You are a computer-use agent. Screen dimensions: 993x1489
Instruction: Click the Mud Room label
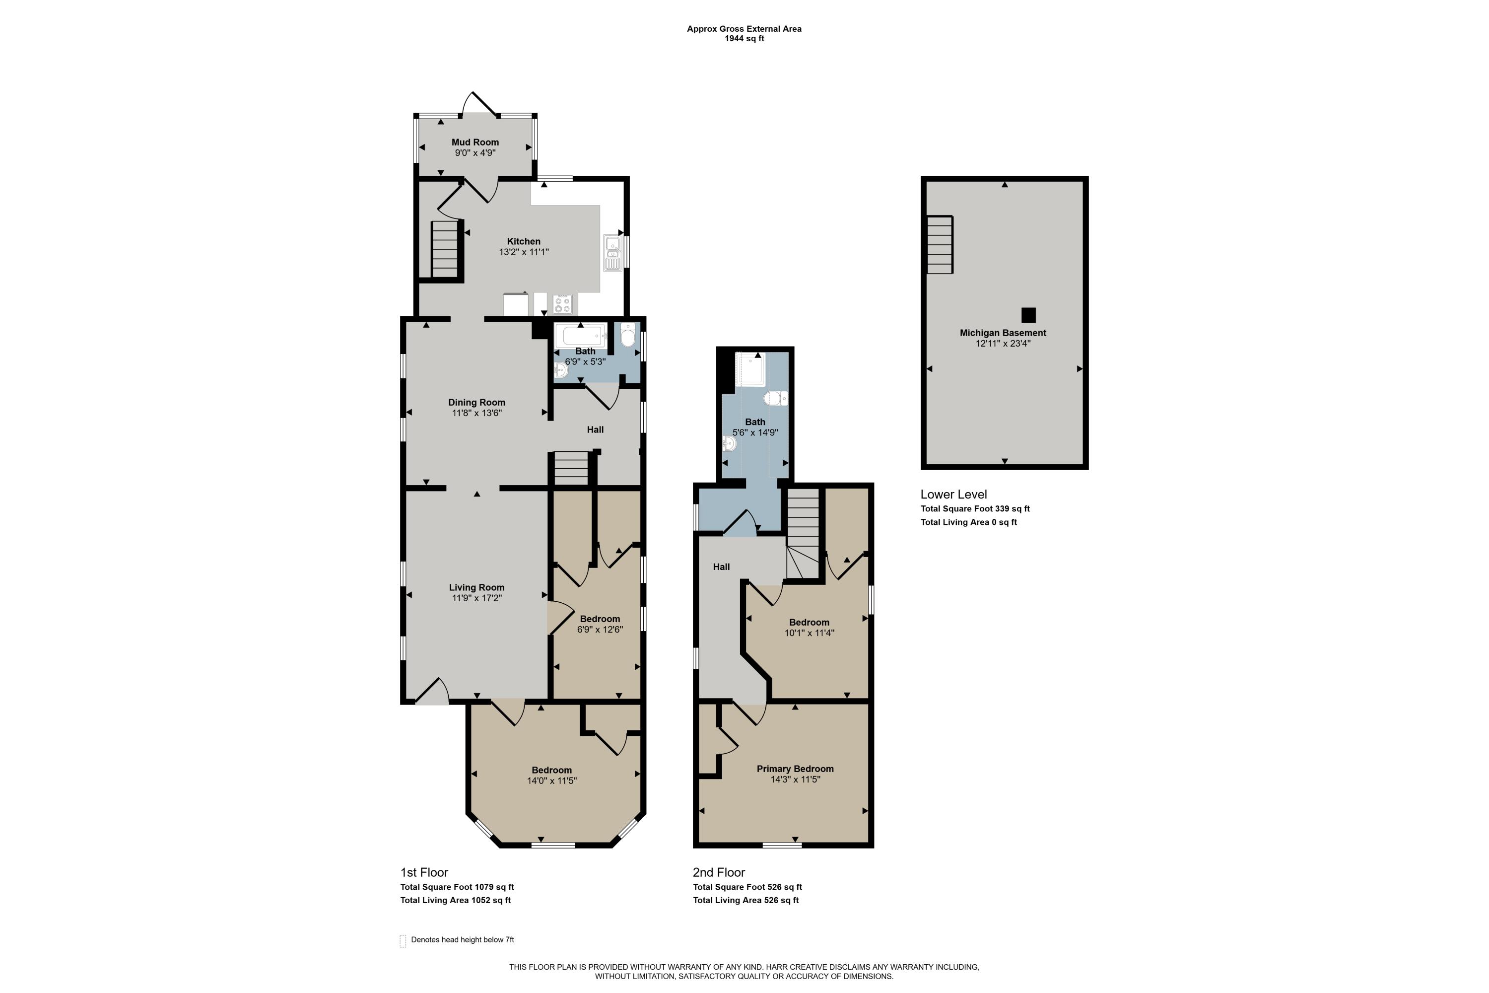click(x=475, y=142)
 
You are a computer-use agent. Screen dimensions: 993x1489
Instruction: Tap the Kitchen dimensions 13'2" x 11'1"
click(x=524, y=252)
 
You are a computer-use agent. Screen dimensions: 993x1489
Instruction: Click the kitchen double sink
click(x=612, y=253)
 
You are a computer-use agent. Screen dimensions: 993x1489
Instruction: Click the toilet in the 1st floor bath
click(x=627, y=336)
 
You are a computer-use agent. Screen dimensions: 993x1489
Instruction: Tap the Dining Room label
click(x=476, y=402)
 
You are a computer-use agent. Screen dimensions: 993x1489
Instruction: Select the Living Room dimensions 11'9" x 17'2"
click(x=476, y=598)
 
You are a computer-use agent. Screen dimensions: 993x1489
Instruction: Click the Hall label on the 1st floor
click(x=595, y=429)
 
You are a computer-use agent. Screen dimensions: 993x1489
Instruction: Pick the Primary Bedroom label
click(x=795, y=769)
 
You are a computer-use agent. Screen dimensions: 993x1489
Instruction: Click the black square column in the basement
click(x=1028, y=315)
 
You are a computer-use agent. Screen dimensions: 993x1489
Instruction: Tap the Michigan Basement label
click(x=1003, y=333)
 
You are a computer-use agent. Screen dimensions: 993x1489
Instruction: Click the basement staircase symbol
click(x=940, y=244)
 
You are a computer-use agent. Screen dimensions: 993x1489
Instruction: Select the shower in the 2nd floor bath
click(x=750, y=369)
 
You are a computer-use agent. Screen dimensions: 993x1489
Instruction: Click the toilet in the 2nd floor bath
click(x=775, y=398)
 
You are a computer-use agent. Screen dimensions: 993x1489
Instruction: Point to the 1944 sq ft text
click(x=744, y=39)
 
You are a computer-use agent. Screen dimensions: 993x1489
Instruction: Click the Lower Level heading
click(x=953, y=495)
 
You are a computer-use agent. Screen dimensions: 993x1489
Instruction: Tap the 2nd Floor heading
click(x=719, y=872)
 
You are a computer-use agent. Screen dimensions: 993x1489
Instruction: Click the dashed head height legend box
click(x=403, y=940)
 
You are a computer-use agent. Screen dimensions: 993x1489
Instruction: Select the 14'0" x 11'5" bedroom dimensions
click(x=551, y=781)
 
